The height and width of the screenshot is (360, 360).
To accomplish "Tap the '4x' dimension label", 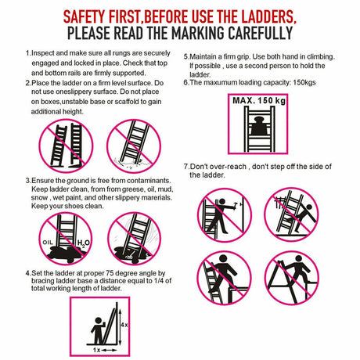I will pos(125,323).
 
